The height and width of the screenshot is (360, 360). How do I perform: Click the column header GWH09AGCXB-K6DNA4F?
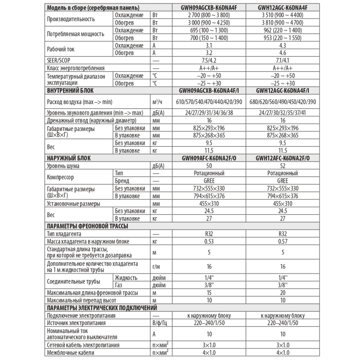(209, 8)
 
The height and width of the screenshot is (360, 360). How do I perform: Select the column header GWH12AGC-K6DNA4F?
(283, 8)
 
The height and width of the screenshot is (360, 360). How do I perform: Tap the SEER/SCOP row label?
(59, 60)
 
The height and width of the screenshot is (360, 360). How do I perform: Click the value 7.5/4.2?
(209, 60)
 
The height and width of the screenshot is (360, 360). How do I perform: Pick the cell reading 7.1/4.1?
(283, 60)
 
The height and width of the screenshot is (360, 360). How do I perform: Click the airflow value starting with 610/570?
(209, 102)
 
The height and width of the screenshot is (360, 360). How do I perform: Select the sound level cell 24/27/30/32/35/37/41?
(283, 113)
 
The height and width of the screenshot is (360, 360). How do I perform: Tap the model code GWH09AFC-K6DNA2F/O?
(209, 158)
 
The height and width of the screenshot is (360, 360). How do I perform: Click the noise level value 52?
(283, 166)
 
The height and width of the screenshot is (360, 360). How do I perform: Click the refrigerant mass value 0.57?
(283, 242)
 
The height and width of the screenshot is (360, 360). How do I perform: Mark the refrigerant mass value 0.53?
(209, 242)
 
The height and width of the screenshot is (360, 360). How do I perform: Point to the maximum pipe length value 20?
(283, 293)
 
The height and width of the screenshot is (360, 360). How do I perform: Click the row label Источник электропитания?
(76, 323)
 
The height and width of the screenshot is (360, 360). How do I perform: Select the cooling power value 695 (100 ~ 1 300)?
(209, 30)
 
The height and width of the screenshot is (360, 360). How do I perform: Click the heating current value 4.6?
(283, 53)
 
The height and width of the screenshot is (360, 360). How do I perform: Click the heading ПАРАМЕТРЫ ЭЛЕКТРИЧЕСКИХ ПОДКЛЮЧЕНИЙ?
(102, 308)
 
